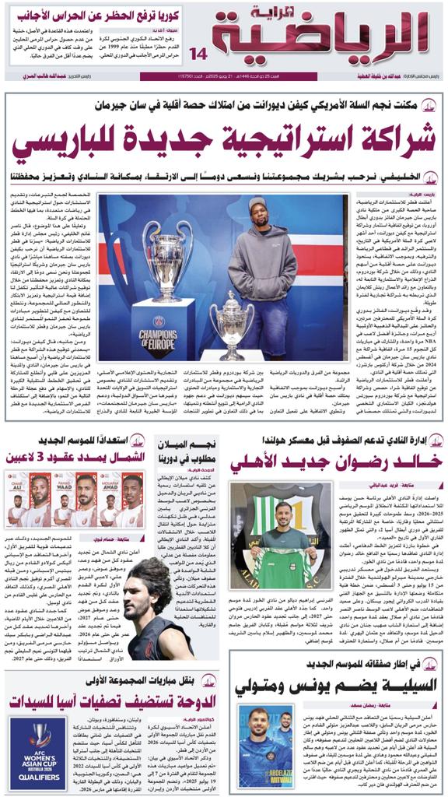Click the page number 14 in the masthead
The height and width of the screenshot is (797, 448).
click(x=199, y=54)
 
